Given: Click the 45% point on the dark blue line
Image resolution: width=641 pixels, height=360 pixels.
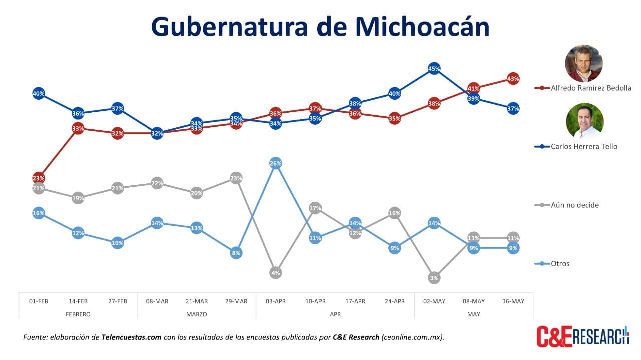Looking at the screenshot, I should (434, 69).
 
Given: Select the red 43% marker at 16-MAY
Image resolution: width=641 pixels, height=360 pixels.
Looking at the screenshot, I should (513, 78).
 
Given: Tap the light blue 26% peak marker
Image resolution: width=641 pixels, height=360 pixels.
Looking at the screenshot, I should (275, 163).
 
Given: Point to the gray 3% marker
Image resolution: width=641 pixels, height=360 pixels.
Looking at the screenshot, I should (434, 278).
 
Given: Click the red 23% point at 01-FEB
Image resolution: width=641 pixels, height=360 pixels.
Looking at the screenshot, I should (39, 178).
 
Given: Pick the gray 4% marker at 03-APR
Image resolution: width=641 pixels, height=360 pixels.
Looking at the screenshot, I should (275, 273).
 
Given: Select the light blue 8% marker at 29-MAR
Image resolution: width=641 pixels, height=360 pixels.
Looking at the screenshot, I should (236, 253).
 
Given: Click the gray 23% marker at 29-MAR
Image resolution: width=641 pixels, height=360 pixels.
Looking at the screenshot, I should (236, 178).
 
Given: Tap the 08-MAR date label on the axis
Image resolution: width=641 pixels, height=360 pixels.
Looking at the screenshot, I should (157, 301).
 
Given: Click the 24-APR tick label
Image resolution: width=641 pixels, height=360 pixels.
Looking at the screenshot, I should (394, 301).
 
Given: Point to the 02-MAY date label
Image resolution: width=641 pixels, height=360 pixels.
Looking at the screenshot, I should (434, 301).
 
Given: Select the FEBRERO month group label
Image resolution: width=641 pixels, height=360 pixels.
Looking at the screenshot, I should (78, 314).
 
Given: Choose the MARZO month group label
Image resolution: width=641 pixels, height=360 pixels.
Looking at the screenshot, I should (196, 314).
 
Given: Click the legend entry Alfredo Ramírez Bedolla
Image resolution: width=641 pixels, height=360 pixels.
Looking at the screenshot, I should (590, 88).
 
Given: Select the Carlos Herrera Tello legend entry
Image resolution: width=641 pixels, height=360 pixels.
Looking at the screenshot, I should (583, 147).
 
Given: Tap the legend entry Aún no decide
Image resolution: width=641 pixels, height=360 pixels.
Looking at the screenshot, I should (574, 205).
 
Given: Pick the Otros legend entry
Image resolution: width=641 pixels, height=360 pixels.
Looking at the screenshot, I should (559, 264).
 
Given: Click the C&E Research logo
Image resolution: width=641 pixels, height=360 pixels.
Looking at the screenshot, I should (582, 336).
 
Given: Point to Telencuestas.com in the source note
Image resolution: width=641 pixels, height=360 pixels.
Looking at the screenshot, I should (131, 337).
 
